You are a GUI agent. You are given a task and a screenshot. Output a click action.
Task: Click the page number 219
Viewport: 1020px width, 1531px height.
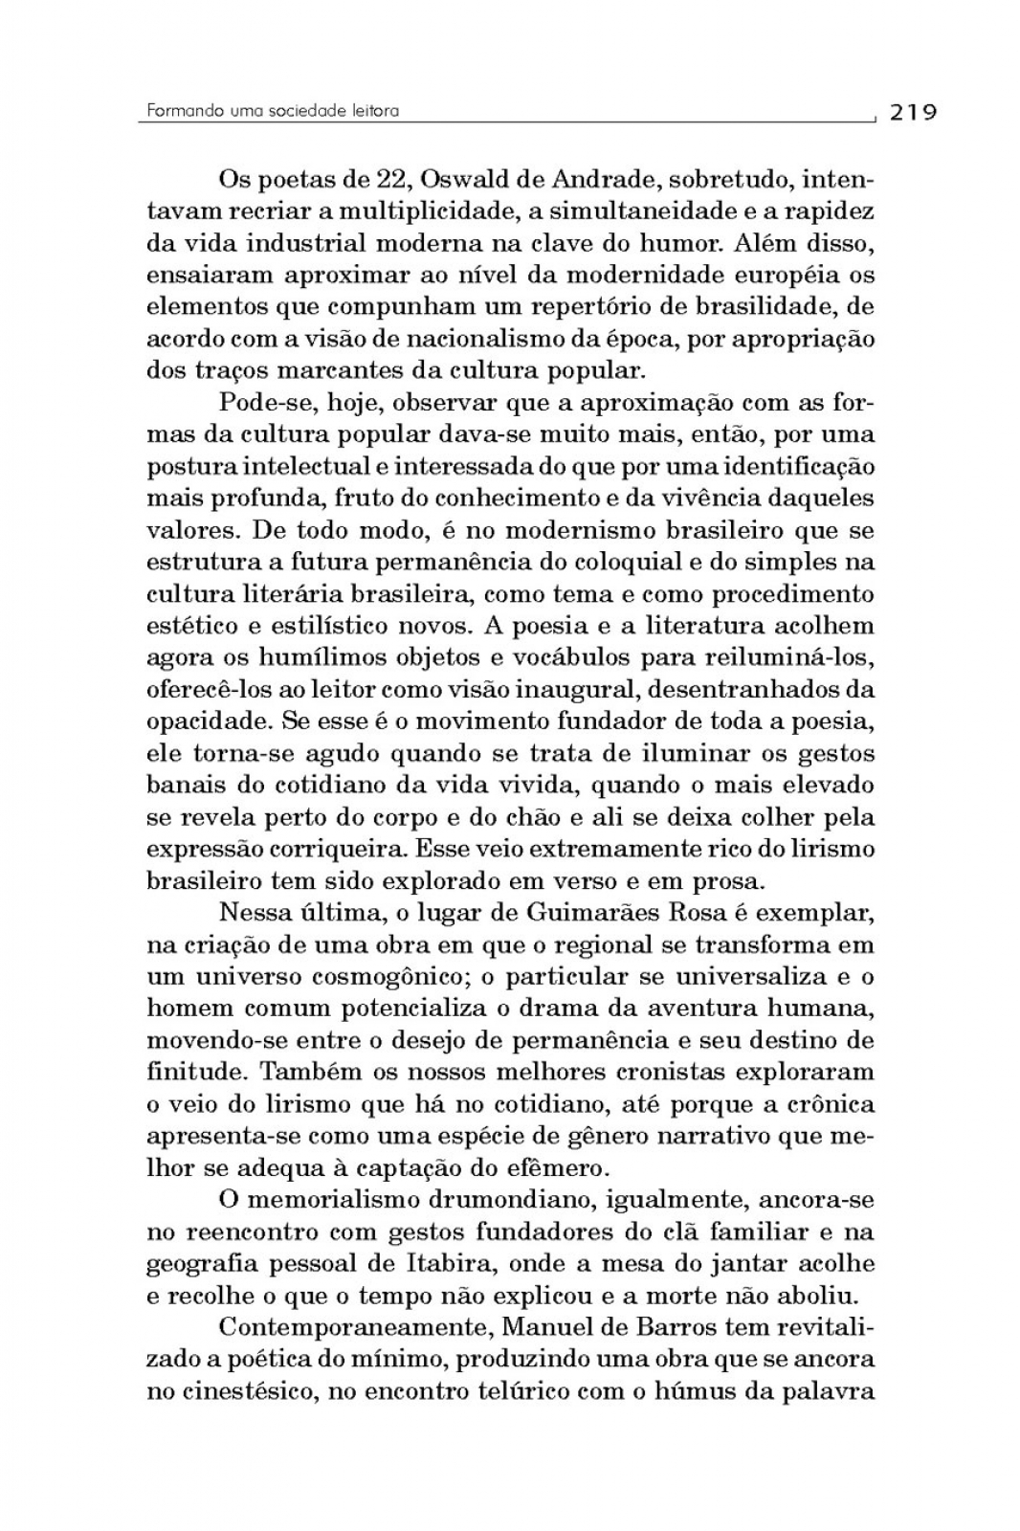[913, 112]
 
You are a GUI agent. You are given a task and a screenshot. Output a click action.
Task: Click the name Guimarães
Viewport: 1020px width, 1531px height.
[546, 913]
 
